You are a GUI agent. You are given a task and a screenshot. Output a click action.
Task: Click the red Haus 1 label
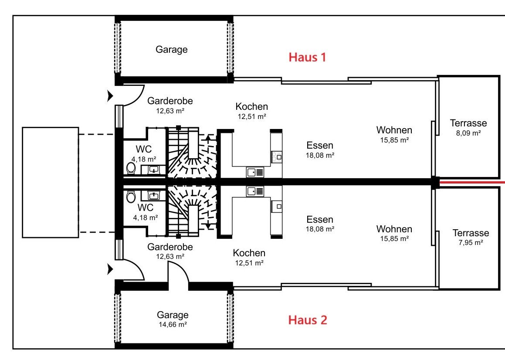click(x=307, y=58)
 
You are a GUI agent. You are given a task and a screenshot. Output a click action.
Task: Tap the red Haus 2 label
click(x=308, y=320)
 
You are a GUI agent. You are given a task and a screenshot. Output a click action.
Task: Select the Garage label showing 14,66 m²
click(x=173, y=315)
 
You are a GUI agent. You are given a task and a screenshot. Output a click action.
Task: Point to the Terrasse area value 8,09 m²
click(x=468, y=133)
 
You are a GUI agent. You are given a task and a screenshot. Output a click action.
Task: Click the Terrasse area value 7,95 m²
click(x=471, y=242)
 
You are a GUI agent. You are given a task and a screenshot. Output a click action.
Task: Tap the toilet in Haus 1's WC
click(x=131, y=168)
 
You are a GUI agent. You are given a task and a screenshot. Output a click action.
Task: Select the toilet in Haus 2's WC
click(x=131, y=197)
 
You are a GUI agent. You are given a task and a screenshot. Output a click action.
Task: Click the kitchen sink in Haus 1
click(x=255, y=173)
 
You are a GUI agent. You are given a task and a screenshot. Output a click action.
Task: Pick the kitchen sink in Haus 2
click(x=255, y=191)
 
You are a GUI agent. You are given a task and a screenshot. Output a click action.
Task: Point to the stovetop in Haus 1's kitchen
click(x=277, y=157)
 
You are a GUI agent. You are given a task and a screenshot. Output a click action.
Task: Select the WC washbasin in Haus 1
click(x=154, y=170)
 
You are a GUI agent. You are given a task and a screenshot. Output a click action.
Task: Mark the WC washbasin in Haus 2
click(x=154, y=195)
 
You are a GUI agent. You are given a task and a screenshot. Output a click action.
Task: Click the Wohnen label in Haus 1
click(x=394, y=130)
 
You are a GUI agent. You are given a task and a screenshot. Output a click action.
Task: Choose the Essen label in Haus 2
click(x=320, y=220)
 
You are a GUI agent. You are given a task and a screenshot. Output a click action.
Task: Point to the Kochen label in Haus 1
click(x=251, y=106)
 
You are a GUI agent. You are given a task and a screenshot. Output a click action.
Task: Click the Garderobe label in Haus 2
click(x=170, y=247)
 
